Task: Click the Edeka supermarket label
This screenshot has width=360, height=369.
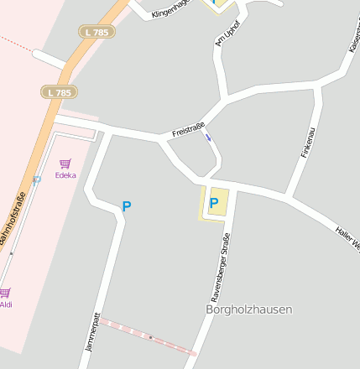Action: (65, 175)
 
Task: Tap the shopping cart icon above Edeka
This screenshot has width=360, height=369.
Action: (65, 164)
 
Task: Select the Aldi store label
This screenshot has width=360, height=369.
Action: (6, 304)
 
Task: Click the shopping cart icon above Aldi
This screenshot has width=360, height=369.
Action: (5, 293)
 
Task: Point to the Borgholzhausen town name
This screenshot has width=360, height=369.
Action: (249, 309)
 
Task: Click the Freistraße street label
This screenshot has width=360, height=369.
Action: (188, 128)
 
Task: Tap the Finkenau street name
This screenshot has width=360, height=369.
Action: (308, 143)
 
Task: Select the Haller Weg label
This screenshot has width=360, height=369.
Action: (347, 238)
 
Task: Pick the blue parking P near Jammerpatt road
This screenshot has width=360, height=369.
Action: (127, 205)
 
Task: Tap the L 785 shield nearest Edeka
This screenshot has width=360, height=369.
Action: (59, 91)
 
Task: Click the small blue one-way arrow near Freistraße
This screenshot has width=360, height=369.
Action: (207, 137)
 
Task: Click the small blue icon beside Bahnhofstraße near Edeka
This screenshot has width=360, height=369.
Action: (36, 179)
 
